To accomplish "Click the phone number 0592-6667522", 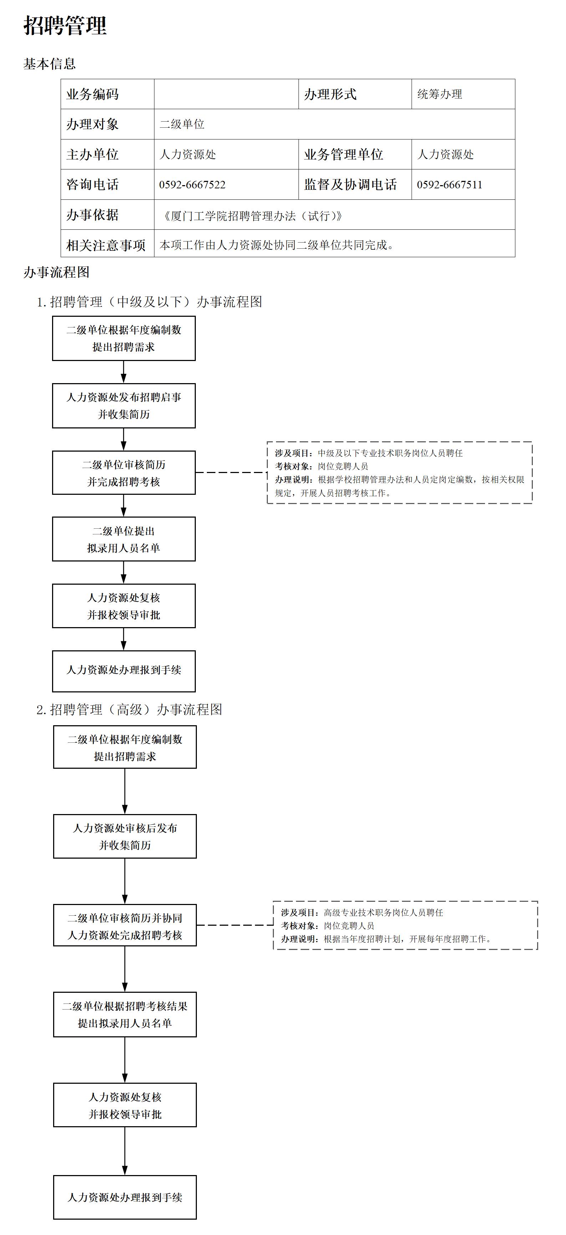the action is [192, 184].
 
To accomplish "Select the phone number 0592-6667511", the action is [449, 184].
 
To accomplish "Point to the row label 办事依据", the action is [92, 215].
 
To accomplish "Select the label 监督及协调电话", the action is [350, 184].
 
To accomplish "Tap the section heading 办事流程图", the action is [57, 272].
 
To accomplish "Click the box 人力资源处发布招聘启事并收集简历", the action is [124, 406].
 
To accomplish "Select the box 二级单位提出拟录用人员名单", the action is [124, 539].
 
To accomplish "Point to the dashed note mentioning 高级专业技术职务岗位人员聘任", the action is [406, 925].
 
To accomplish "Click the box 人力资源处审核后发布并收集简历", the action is [124, 836].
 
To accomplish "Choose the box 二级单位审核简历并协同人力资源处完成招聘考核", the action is [124, 925].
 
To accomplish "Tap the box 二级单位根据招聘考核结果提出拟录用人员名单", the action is [124, 1015].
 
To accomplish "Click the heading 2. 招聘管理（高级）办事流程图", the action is [129, 710].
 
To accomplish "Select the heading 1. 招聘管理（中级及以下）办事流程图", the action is [149, 301].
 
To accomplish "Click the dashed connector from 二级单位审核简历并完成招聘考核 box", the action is [231, 473].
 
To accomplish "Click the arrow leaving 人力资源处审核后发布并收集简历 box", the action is [124, 881].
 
